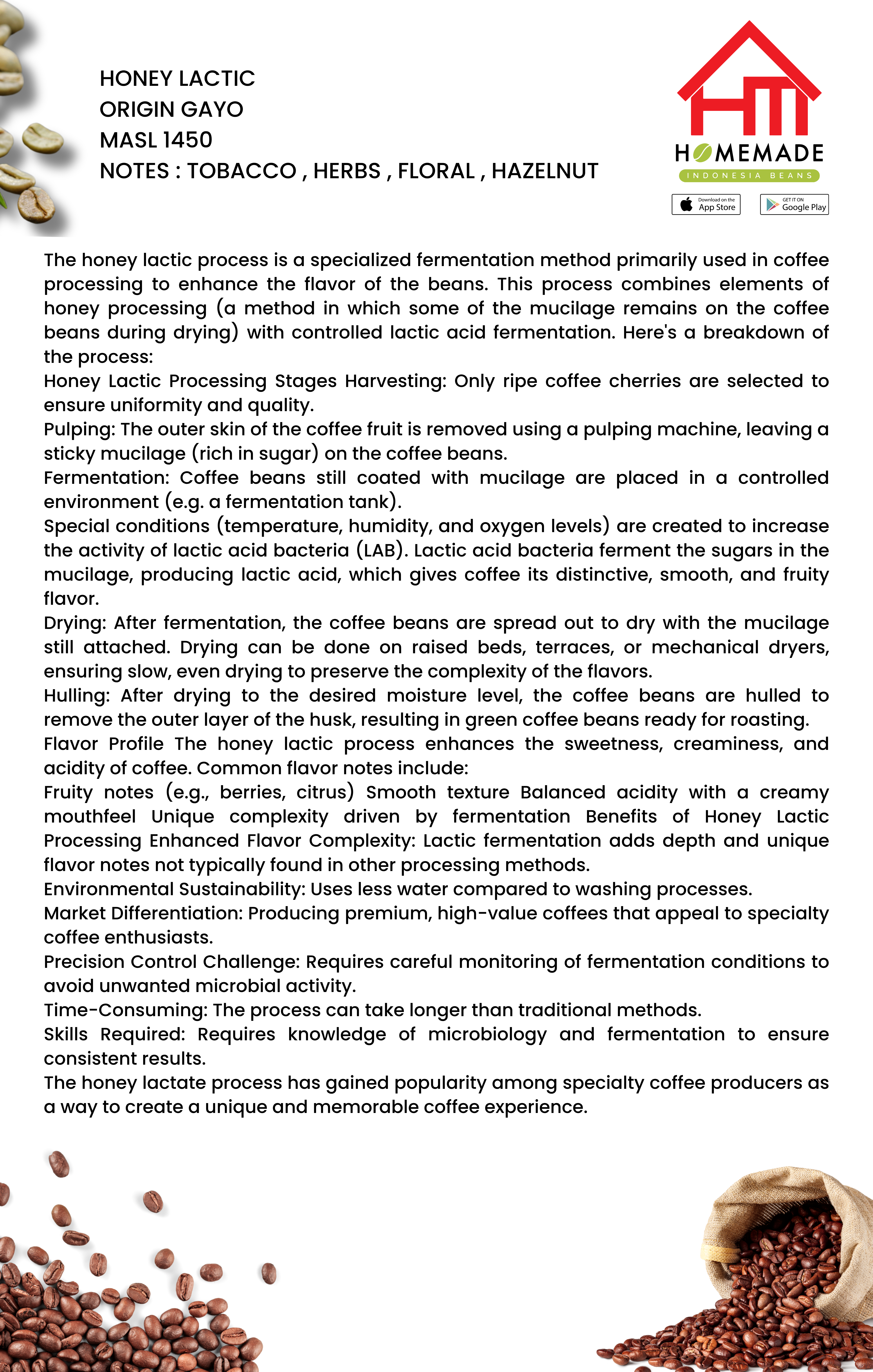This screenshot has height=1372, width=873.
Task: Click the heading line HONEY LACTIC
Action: click(177, 79)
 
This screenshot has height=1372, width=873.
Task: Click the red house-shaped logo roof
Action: click(749, 57)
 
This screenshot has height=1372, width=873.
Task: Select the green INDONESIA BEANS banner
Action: click(749, 175)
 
